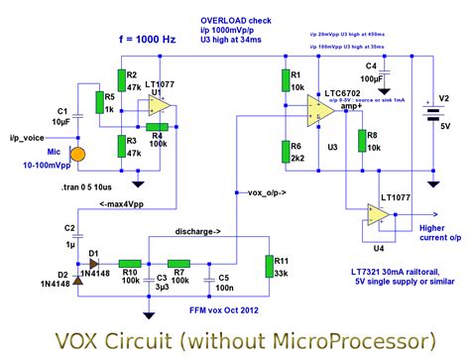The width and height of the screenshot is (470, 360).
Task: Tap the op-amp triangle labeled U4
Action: click(x=377, y=213)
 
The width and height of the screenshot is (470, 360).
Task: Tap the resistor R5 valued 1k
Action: click(x=97, y=102)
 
